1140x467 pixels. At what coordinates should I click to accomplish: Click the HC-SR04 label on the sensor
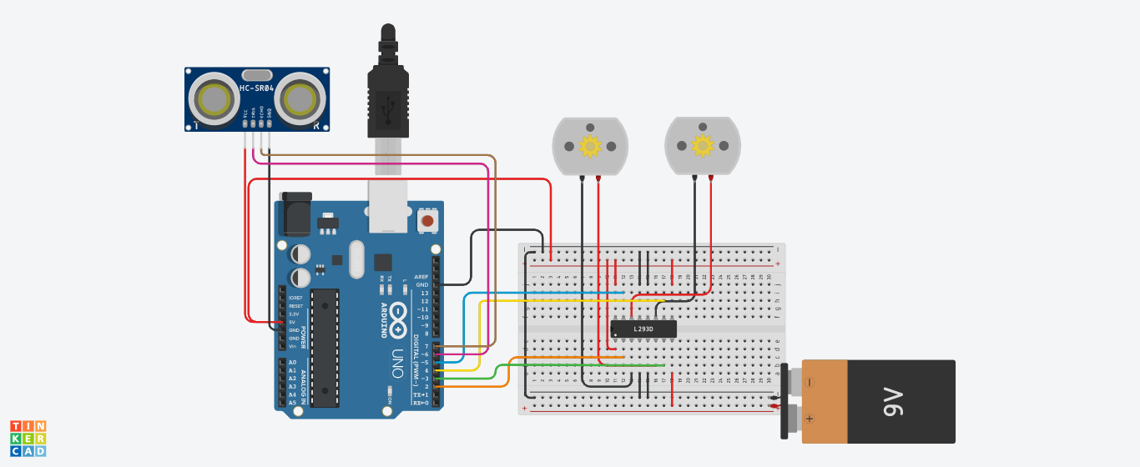[256, 88]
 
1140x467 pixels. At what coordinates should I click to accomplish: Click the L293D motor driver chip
[643, 329]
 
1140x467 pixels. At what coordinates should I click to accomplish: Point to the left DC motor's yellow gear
[590, 147]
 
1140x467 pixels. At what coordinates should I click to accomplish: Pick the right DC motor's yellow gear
[703, 146]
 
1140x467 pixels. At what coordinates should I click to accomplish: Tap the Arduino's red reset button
[427, 221]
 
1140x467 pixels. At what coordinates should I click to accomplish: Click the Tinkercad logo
[28, 438]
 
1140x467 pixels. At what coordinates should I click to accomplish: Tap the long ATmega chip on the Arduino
[325, 348]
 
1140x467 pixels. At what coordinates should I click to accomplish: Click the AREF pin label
[421, 276]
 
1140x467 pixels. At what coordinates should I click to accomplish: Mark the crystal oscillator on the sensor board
[257, 75]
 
